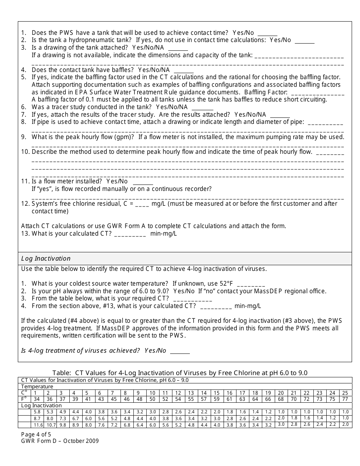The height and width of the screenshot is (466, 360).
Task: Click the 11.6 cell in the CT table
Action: click(37, 425)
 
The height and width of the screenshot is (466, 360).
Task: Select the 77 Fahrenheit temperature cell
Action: click(345, 399)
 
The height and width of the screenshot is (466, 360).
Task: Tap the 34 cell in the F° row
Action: click(37, 399)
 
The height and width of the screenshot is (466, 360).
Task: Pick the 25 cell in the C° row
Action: click(345, 393)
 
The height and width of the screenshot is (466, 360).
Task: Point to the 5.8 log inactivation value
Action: click(37, 412)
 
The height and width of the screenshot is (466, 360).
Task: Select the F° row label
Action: click(24, 399)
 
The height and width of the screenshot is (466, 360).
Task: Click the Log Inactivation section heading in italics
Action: click(46, 258)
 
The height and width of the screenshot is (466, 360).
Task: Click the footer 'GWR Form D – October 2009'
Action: click(60, 441)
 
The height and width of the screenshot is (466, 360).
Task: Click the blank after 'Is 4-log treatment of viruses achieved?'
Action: click(180, 351)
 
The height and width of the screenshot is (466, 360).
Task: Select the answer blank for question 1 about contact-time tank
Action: click(268, 33)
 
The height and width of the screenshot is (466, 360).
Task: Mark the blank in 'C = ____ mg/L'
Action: click(142, 204)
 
